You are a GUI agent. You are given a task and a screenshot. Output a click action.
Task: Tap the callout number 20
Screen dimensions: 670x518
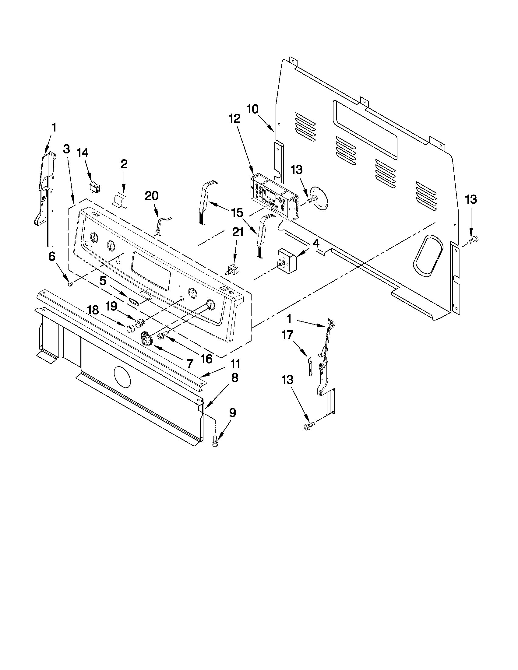point(152,196)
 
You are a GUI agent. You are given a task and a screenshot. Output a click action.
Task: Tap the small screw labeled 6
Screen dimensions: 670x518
point(70,285)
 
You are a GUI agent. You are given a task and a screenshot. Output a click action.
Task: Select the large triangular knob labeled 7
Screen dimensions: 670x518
point(147,339)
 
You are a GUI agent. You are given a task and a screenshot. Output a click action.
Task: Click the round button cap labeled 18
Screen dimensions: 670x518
point(131,328)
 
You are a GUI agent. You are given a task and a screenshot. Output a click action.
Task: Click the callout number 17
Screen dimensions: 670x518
point(287,335)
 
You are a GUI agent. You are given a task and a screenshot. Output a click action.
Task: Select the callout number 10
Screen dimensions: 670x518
point(253,110)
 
